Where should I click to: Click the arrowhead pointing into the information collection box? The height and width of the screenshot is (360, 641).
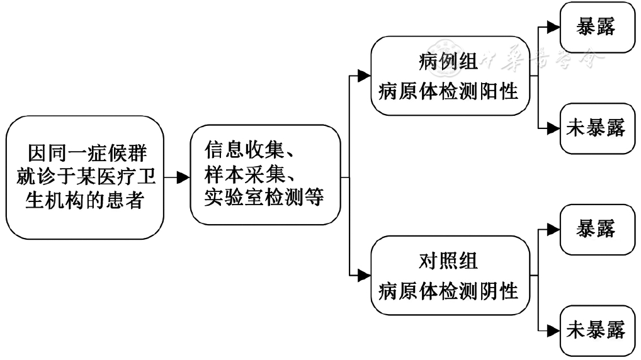(x=183, y=177)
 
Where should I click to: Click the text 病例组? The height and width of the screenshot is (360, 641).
(x=448, y=62)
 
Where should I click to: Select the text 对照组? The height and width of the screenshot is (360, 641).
(x=448, y=261)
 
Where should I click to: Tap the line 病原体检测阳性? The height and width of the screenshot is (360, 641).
(x=448, y=91)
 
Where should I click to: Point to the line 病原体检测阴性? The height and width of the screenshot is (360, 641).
(x=448, y=291)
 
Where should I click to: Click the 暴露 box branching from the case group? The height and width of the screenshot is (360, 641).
(x=598, y=28)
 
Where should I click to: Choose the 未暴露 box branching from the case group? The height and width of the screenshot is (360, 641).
(x=598, y=128)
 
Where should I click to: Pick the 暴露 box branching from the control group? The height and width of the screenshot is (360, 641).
(x=598, y=230)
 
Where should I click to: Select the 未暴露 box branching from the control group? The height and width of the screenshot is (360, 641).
(x=598, y=330)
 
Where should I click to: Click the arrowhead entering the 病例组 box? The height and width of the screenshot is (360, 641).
(x=364, y=76)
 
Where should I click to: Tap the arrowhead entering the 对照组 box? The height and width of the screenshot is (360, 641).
(x=364, y=276)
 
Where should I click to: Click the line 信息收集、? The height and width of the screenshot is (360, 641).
(x=249, y=150)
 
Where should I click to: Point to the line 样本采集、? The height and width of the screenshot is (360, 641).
(x=249, y=174)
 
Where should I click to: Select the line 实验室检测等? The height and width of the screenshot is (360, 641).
(x=264, y=197)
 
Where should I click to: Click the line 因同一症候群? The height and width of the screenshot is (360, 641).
(x=87, y=153)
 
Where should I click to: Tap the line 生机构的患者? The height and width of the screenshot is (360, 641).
(x=84, y=201)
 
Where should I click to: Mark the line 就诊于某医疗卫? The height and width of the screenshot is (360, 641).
(x=86, y=177)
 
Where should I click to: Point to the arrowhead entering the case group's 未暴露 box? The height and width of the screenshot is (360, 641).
(x=553, y=128)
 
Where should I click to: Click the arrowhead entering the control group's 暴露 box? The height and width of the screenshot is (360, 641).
(x=553, y=229)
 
